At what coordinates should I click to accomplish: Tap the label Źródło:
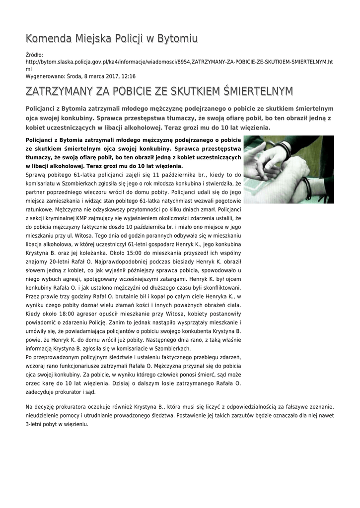pos(34,55)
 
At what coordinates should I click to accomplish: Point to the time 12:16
pos(128,76)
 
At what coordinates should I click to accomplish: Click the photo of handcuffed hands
pos(288,169)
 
